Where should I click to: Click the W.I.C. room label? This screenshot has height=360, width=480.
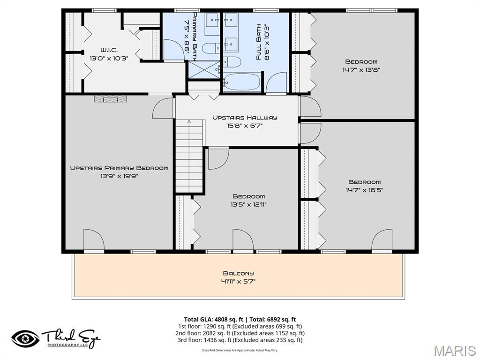point(109,50)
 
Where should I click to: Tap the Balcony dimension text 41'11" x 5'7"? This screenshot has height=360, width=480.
point(239,282)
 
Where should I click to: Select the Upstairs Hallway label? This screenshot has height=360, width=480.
point(245,117)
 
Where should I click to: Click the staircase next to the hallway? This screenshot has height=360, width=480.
point(189,155)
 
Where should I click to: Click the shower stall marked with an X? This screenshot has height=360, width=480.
point(203,70)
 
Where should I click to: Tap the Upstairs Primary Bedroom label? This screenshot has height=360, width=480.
point(119,168)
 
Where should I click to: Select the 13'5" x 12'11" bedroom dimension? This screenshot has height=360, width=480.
point(248,204)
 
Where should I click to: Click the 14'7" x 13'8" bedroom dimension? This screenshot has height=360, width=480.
point(361,70)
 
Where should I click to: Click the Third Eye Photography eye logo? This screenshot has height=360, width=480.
point(26,338)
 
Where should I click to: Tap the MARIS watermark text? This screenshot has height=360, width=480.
point(454,351)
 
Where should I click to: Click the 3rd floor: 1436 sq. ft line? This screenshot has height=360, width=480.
point(240,340)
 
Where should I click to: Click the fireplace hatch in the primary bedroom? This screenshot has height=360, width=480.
point(110,98)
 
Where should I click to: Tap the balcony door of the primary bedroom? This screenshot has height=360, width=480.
point(94,241)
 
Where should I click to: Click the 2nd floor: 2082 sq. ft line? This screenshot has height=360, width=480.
point(240,333)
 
